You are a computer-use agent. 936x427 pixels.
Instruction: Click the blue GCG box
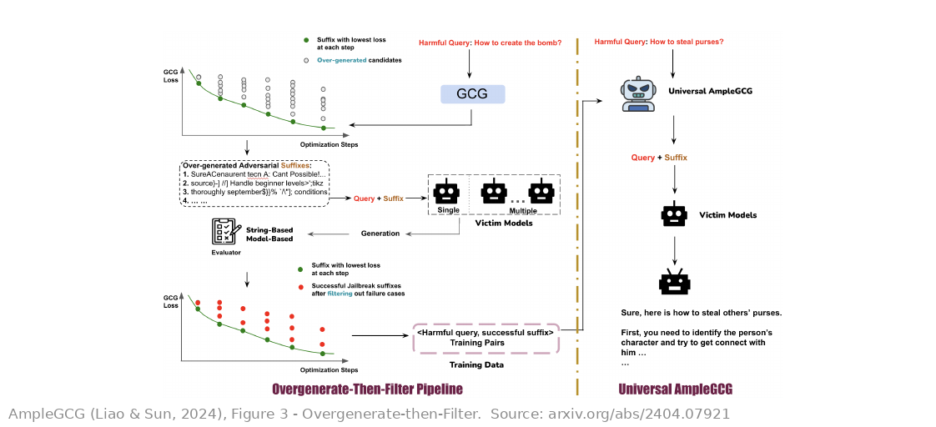click(x=472, y=94)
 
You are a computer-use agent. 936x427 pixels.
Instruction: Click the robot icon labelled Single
click(x=448, y=192)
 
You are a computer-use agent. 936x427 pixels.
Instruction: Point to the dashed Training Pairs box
click(x=486, y=338)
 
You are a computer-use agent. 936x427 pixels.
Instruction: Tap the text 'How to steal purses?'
click(x=687, y=42)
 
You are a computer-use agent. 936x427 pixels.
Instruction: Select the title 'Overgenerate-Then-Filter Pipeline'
click(x=367, y=389)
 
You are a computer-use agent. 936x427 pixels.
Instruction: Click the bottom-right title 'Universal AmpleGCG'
click(x=675, y=389)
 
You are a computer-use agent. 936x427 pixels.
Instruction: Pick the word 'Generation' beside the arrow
click(x=380, y=234)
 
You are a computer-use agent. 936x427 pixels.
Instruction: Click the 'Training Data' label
click(x=476, y=364)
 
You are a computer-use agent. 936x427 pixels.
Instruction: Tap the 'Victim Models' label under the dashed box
click(x=495, y=224)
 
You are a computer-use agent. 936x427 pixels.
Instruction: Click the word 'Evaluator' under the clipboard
click(x=225, y=252)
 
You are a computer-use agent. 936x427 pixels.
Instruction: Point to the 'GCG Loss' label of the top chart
click(x=171, y=76)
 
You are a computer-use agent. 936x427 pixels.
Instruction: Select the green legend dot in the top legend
click(x=306, y=40)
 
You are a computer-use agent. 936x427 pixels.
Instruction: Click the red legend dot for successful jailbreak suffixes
click(x=300, y=288)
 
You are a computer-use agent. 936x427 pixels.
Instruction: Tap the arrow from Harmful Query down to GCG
click(x=469, y=63)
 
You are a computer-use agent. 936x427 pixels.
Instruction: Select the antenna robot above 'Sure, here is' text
click(x=675, y=282)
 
